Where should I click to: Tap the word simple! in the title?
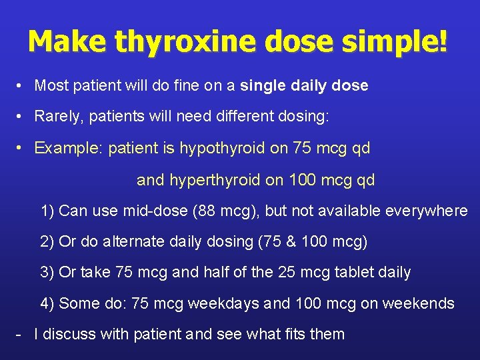point(395,41)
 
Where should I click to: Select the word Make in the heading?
point(67,41)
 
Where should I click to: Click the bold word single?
point(262,86)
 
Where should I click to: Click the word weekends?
point(417,304)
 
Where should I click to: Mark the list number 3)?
point(47,273)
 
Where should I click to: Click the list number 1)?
point(47,211)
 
